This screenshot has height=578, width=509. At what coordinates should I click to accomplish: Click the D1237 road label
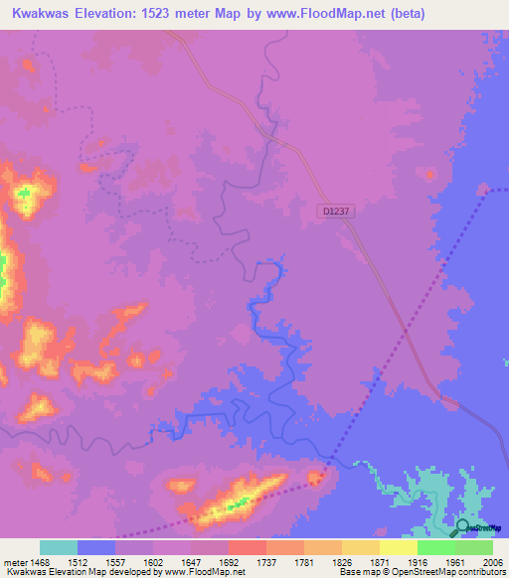[x=337, y=211]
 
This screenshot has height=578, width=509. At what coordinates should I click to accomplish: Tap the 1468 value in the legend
[x=41, y=560]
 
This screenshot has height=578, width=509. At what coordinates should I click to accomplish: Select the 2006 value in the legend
[x=492, y=560]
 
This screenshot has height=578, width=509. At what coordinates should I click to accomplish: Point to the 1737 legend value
[x=265, y=560]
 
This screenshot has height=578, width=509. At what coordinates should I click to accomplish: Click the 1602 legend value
[x=152, y=560]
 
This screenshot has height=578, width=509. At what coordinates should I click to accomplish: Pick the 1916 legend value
[x=417, y=560]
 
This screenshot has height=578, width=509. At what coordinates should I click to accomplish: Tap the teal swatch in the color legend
[x=58, y=547]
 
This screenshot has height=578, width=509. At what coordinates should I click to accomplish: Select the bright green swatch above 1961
[x=435, y=547]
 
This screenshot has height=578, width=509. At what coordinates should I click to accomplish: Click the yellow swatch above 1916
[x=398, y=547]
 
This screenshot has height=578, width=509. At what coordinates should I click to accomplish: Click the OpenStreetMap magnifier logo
[x=460, y=527]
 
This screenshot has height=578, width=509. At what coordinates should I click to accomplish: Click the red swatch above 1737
[x=247, y=547]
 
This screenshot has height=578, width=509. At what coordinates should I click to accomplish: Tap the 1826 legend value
[x=341, y=560]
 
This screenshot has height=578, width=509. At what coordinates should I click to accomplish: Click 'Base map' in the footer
[x=357, y=572]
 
